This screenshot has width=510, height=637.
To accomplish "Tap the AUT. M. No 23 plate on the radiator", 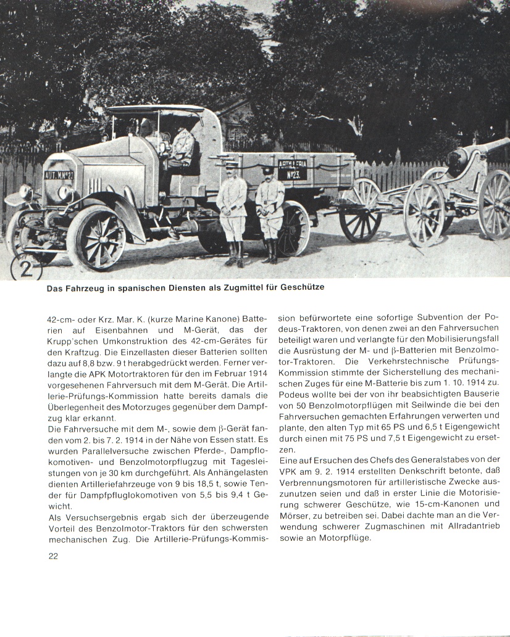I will pos(59,175).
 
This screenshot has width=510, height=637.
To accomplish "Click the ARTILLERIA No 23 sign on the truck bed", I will pos(292,170).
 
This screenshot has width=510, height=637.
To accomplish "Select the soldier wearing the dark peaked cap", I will pos(269,207).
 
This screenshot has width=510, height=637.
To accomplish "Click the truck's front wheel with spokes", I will pos(96,237).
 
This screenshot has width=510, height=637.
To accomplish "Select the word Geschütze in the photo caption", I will pos(303,287).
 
